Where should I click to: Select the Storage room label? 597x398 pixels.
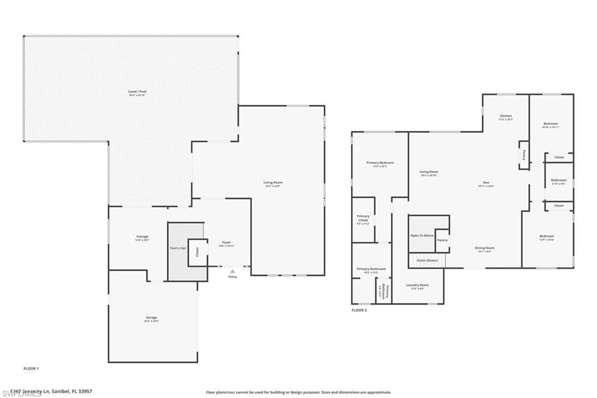click(142, 236)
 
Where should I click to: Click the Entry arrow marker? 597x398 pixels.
click(232, 271)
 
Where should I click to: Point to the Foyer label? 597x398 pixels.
click(226, 242)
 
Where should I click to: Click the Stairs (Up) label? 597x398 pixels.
click(178, 248)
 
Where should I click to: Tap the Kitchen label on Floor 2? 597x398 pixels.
click(506, 116)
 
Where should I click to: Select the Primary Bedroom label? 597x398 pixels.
click(380, 162)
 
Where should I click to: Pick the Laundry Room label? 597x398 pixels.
click(417, 285)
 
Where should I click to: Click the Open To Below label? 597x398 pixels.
click(422, 235)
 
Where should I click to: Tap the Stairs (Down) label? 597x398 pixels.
click(428, 260)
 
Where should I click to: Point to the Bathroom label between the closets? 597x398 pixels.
click(559, 180)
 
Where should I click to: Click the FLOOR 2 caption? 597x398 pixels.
click(359, 310)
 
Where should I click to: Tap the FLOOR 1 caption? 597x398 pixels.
click(30, 369)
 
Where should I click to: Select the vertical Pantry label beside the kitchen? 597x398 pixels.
click(524, 155)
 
